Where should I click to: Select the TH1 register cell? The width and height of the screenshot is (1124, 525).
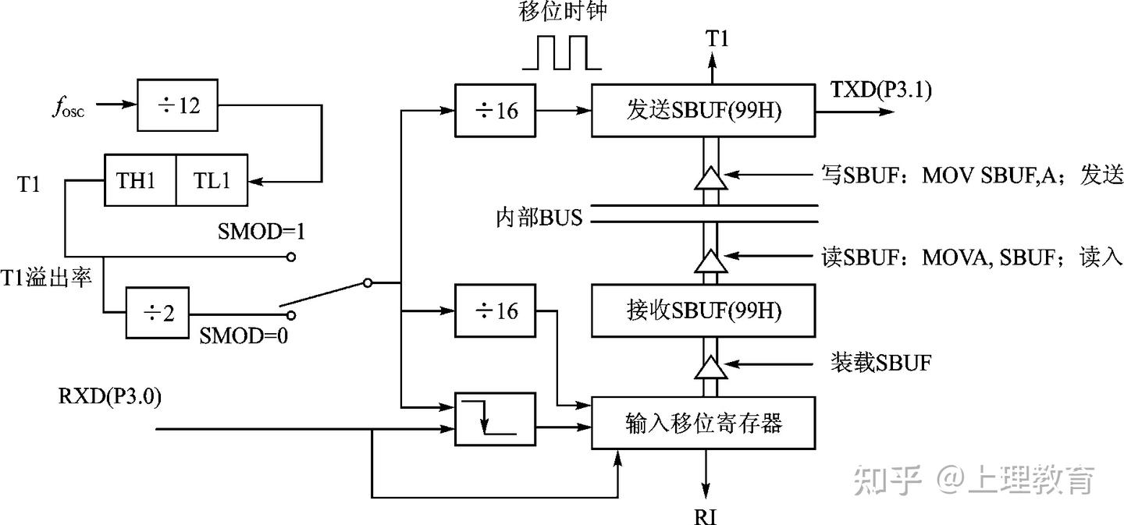140,180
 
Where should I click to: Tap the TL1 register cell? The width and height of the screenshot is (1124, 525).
211,180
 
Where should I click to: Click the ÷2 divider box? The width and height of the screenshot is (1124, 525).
157,314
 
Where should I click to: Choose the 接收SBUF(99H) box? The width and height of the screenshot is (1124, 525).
703,310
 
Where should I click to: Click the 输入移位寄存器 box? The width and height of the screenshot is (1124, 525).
703,423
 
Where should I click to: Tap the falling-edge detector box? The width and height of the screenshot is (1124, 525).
495,419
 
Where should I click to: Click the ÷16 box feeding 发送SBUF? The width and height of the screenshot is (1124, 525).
495,112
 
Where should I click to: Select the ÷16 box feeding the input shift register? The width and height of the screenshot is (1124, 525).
495,311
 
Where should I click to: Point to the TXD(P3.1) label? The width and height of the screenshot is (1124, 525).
881,89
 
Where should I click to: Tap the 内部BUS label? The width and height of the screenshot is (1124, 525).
539,217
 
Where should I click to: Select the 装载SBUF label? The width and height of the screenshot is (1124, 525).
880,363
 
